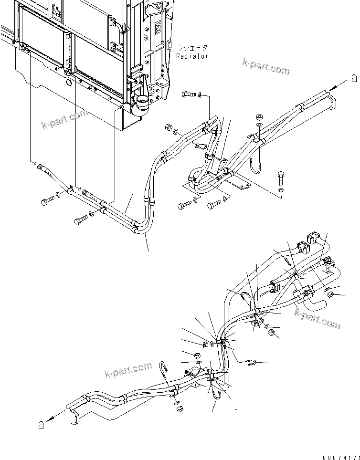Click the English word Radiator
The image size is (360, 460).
coord(192,56)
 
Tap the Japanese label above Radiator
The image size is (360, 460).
coord(192,48)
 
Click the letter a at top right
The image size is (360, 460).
coord(354,78)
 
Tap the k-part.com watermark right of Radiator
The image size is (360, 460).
coord(266,67)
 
